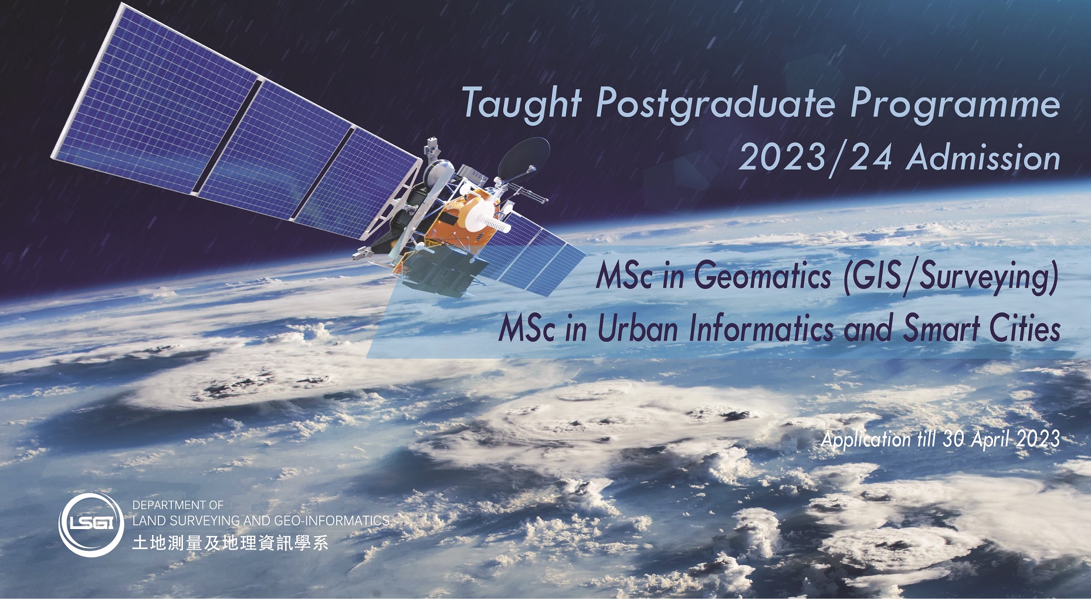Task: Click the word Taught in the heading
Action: [x=521, y=104]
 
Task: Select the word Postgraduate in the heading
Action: [x=715, y=104]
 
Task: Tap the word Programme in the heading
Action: [x=955, y=104]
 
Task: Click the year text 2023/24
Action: [x=815, y=157]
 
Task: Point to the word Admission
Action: [x=984, y=157]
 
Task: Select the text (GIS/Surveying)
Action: [x=950, y=277]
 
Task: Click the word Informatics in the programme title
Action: [x=761, y=328]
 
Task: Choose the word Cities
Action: [x=1025, y=328]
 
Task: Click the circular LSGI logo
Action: [x=92, y=524]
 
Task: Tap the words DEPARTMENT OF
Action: [x=178, y=505]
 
